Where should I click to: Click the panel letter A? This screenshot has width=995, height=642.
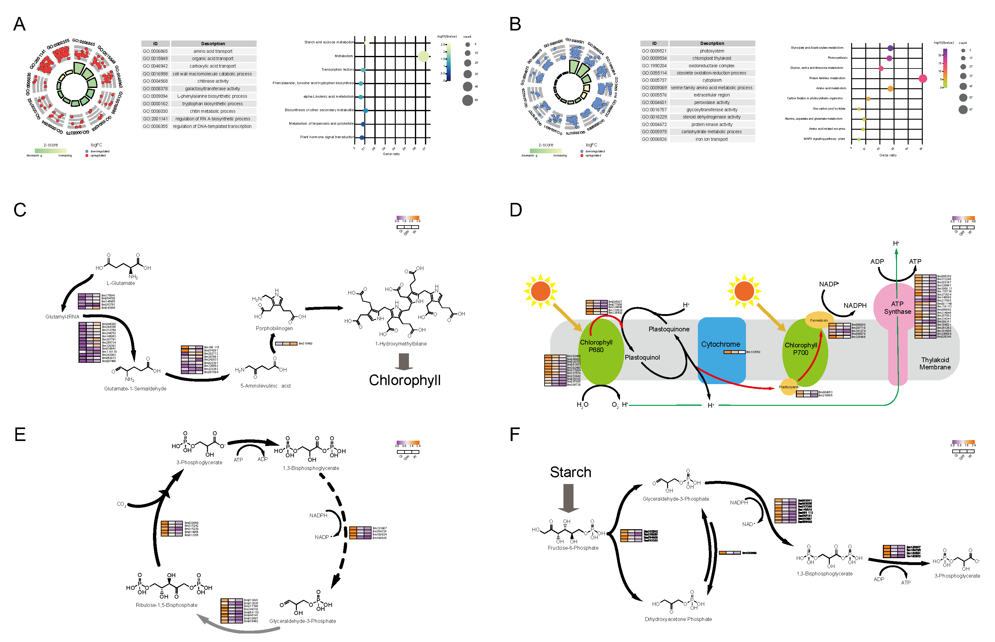19,24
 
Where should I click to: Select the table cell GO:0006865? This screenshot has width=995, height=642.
155,51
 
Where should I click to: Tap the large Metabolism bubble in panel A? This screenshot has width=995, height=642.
423,56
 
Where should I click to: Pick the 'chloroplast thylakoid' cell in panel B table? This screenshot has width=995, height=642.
712,58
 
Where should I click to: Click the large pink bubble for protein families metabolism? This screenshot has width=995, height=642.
922,79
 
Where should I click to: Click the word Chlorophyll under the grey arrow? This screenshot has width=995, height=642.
404,380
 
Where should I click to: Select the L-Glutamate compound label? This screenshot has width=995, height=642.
121,283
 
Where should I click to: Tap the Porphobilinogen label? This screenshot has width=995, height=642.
274,329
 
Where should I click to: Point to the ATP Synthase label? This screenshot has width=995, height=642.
897,308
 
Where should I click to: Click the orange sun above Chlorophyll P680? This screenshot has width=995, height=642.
541,291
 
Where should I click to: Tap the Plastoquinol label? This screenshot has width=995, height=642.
642,358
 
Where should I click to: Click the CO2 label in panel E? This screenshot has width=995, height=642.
121,504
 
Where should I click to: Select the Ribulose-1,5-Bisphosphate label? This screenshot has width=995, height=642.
166,605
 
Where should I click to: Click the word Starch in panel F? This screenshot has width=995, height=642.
570,472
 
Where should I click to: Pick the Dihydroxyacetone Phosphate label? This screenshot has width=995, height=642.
678,619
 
